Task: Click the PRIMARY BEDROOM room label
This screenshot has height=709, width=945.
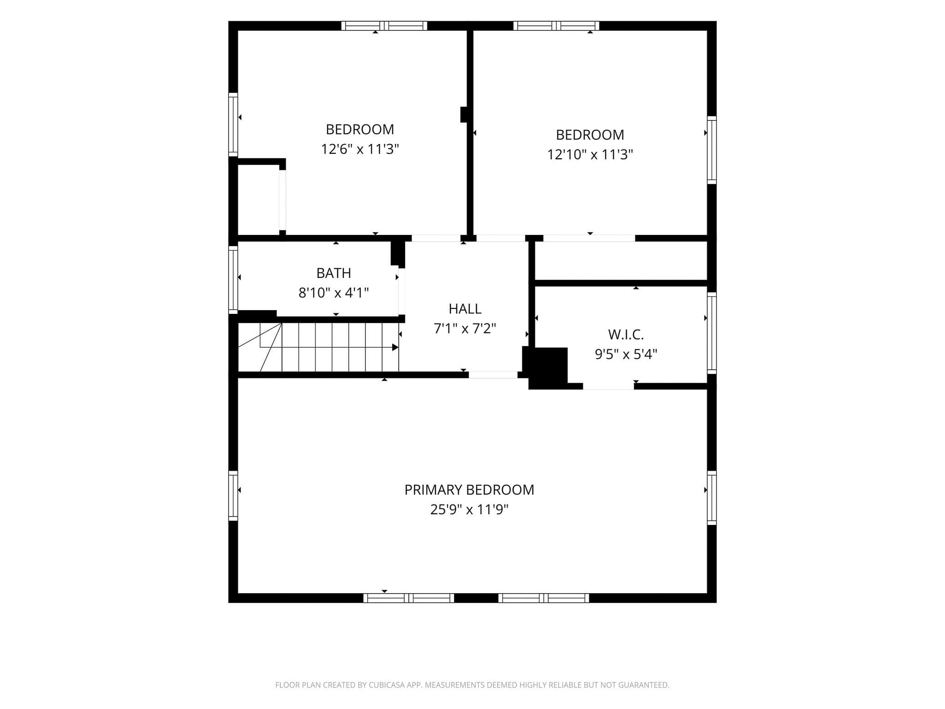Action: pos(469,490)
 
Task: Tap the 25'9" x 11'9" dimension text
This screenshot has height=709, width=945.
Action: pos(469,510)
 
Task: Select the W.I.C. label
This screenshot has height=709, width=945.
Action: pos(626,334)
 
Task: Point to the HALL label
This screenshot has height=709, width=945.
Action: pos(465,308)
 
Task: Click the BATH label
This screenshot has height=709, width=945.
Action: pos(334,273)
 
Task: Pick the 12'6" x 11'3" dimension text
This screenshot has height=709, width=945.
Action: pos(360,149)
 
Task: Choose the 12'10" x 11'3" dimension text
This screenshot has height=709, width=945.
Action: pos(590,154)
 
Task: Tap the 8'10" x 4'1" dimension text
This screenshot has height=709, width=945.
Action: pos(334,293)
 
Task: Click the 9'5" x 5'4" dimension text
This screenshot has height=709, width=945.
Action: pos(626,354)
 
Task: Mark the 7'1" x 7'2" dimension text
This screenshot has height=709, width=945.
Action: pos(465,328)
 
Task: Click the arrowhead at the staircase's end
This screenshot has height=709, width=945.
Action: pos(395,347)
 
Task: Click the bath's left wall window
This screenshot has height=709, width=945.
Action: pos(233,280)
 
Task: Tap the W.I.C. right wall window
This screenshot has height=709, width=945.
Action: pos(712,333)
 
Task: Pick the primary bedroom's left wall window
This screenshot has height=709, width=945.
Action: pos(233,496)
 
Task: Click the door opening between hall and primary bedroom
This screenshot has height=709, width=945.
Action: pos(493,375)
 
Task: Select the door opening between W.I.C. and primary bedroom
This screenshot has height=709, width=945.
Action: pos(608,386)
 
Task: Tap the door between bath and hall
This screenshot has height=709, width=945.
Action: pos(402,291)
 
